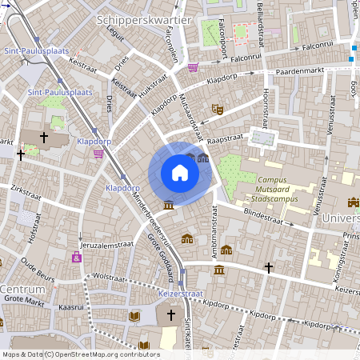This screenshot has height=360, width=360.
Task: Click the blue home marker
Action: [x=179, y=172]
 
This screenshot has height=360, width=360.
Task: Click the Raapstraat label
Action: [x=225, y=138]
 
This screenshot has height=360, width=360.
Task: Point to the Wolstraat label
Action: [x=109, y=276]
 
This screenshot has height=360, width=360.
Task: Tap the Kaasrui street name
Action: [x=71, y=306]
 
